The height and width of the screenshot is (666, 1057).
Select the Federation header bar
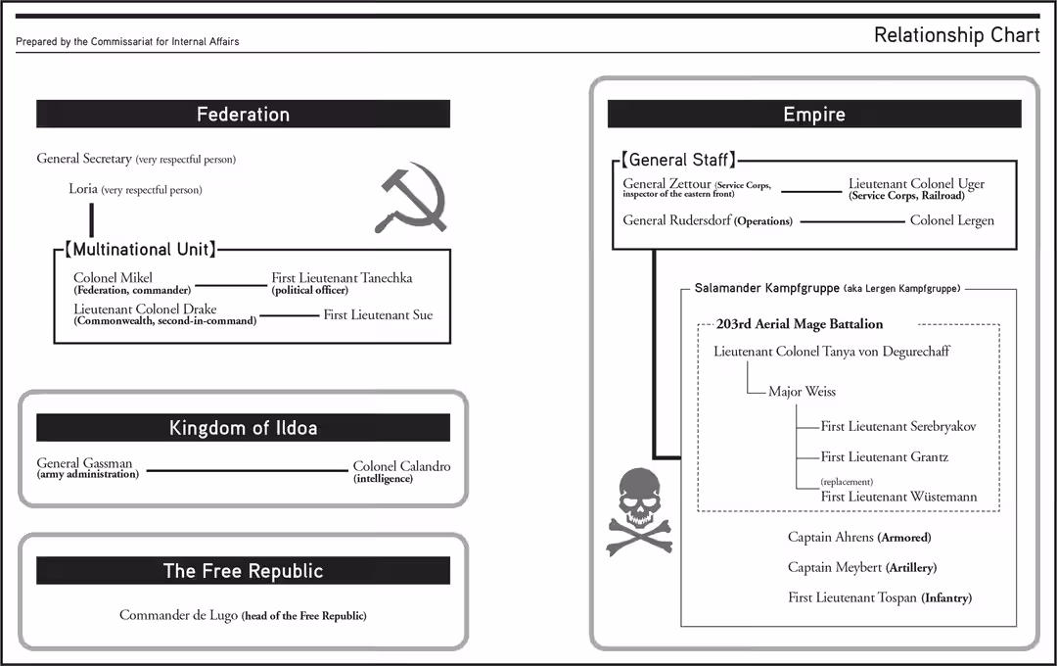tap(243, 115)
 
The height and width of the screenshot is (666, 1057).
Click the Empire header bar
tap(813, 115)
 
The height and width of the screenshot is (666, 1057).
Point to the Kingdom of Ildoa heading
tap(243, 428)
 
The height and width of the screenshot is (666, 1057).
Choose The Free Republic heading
tap(243, 571)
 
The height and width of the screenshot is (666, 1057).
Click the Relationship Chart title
tap(956, 35)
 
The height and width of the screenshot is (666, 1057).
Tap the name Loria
tap(83, 189)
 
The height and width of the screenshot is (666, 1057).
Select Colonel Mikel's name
tap(113, 278)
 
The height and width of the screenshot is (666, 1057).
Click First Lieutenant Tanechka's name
tap(342, 278)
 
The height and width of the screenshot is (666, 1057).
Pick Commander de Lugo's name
tap(179, 615)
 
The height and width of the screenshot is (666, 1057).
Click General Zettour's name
tap(666, 183)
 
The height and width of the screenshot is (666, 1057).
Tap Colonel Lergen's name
tap(951, 220)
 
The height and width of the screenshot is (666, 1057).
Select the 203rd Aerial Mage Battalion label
tap(799, 324)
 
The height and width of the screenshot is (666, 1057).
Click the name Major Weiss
tap(802, 392)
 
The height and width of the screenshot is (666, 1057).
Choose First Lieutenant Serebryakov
tap(897, 427)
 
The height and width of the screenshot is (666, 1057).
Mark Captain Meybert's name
tap(834, 567)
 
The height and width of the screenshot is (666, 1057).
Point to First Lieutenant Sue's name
tap(378, 315)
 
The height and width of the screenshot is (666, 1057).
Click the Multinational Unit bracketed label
tap(140, 250)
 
